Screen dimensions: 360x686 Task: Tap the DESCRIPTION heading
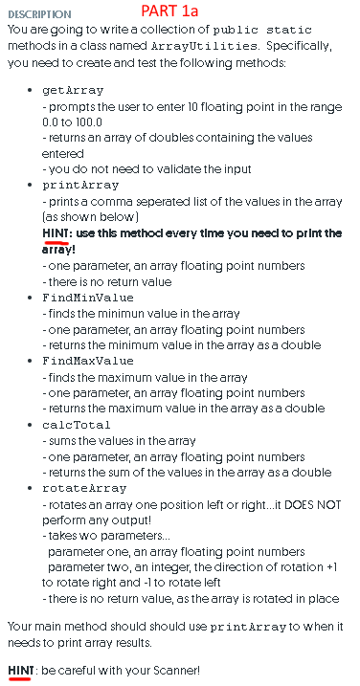pyautogui.click(x=39, y=14)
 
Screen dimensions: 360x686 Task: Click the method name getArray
pyautogui.click(x=74, y=90)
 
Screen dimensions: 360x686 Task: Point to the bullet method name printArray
pyautogui.click(x=81, y=185)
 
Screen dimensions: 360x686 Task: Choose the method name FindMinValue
pyautogui.click(x=88, y=297)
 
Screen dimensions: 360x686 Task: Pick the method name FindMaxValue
pyautogui.click(x=88, y=361)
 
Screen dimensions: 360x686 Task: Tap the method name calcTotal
pyautogui.click(x=78, y=424)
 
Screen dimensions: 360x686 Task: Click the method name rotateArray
pyautogui.click(x=84, y=488)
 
